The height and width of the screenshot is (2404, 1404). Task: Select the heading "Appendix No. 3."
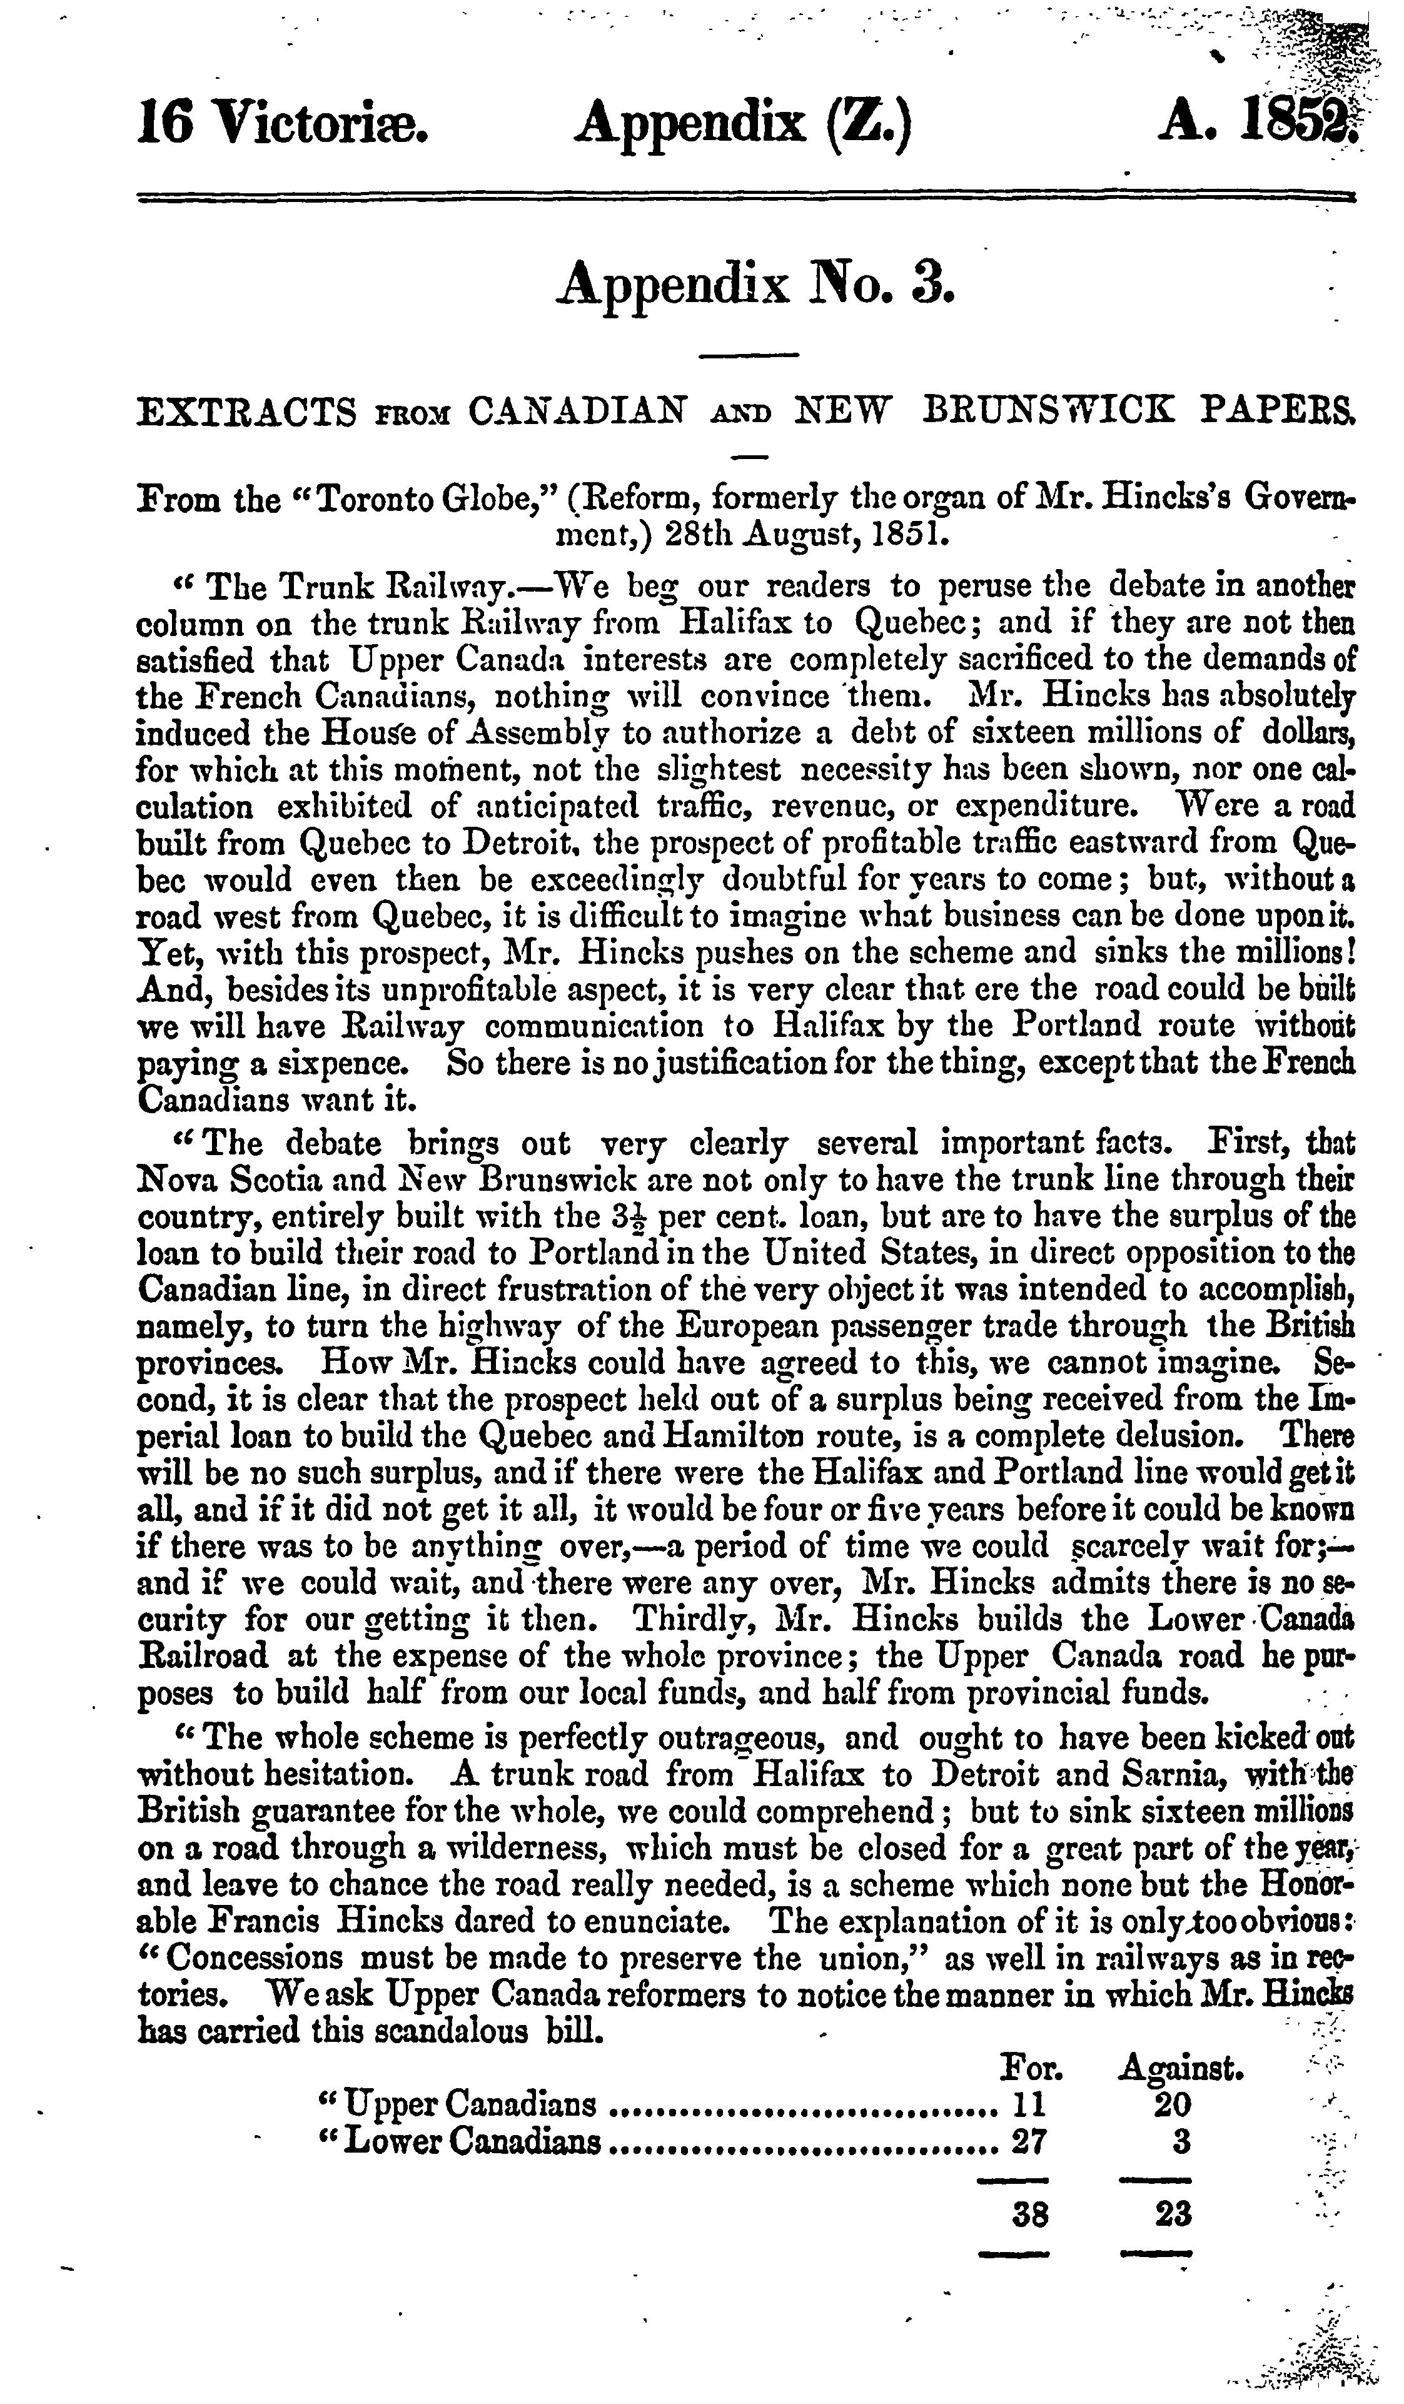click(754, 285)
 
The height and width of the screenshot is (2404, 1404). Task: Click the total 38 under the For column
click(1030, 2213)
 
